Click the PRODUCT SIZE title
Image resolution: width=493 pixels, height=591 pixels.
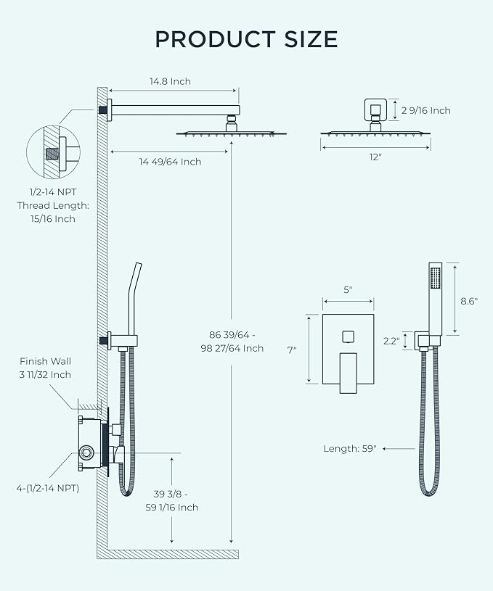coord(246,38)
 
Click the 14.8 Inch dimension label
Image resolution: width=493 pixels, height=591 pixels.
coord(171,81)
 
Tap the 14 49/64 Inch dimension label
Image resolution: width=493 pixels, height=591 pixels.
coord(171,161)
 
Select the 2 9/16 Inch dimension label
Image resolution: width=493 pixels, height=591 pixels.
coord(425,110)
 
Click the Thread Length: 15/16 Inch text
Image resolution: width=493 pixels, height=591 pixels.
coord(53,212)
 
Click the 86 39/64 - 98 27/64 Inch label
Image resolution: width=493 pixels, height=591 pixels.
coord(236,341)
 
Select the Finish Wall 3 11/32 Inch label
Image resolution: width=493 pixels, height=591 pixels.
coord(46,368)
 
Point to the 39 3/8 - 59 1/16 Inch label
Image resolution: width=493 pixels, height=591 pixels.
coord(172,500)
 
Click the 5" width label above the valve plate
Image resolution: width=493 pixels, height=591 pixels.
coord(348,290)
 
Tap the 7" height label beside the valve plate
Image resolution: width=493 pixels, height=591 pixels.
coord(292,350)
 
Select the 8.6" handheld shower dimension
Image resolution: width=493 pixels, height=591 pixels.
coord(468,301)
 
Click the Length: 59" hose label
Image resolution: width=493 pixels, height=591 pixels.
coord(350,449)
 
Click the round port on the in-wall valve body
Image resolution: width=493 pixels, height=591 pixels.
coord(88,454)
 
